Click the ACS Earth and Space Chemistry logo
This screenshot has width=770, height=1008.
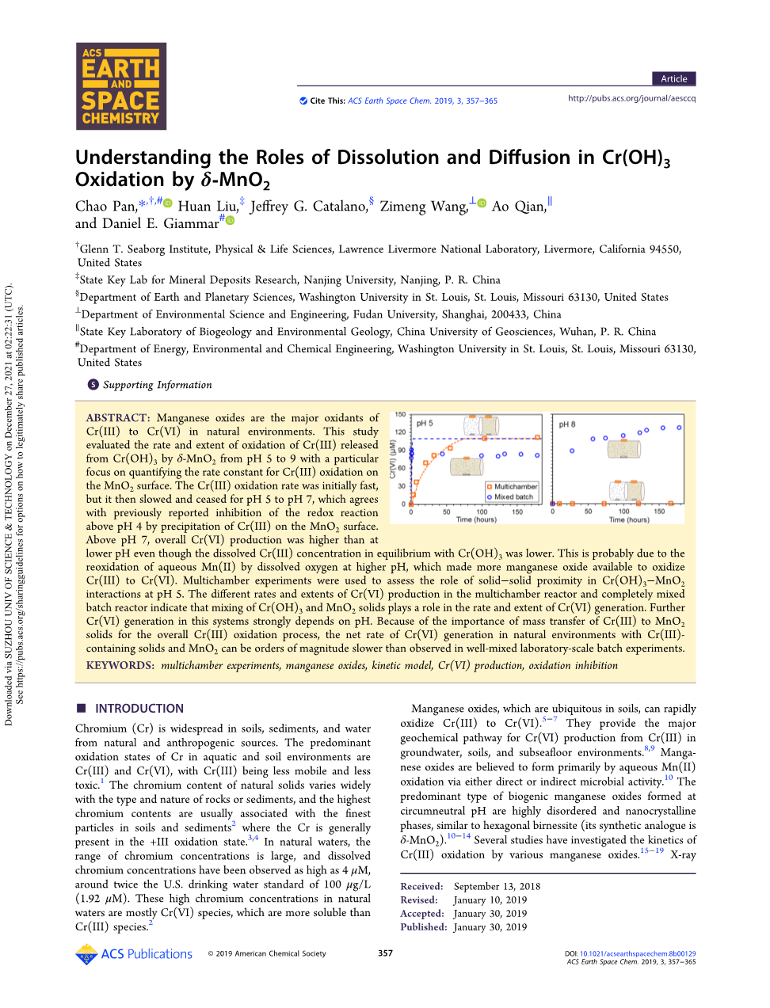coord(121,86)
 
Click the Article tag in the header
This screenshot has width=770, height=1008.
coord(673,78)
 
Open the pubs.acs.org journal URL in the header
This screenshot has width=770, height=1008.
coord(631,98)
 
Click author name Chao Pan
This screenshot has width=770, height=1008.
coord(106,207)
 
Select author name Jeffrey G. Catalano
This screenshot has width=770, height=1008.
coord(308,207)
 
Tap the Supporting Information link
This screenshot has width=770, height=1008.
coord(157,385)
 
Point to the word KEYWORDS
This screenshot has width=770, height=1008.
coord(120,666)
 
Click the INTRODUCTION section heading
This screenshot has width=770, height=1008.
coord(139,709)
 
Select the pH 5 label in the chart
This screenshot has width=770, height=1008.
coord(425,424)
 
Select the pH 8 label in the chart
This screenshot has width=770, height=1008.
coord(567,424)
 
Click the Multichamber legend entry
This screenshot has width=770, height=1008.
coord(516,486)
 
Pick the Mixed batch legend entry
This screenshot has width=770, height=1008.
coord(513,496)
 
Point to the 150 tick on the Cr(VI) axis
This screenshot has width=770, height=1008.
coord(400,414)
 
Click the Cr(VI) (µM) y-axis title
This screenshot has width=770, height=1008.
coord(392,459)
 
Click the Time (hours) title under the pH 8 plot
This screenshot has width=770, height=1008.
coord(628,520)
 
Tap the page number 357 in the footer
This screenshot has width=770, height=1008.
coord(385,953)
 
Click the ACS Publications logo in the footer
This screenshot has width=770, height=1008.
coord(134,954)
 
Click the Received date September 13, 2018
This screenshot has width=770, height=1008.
coord(497,887)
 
